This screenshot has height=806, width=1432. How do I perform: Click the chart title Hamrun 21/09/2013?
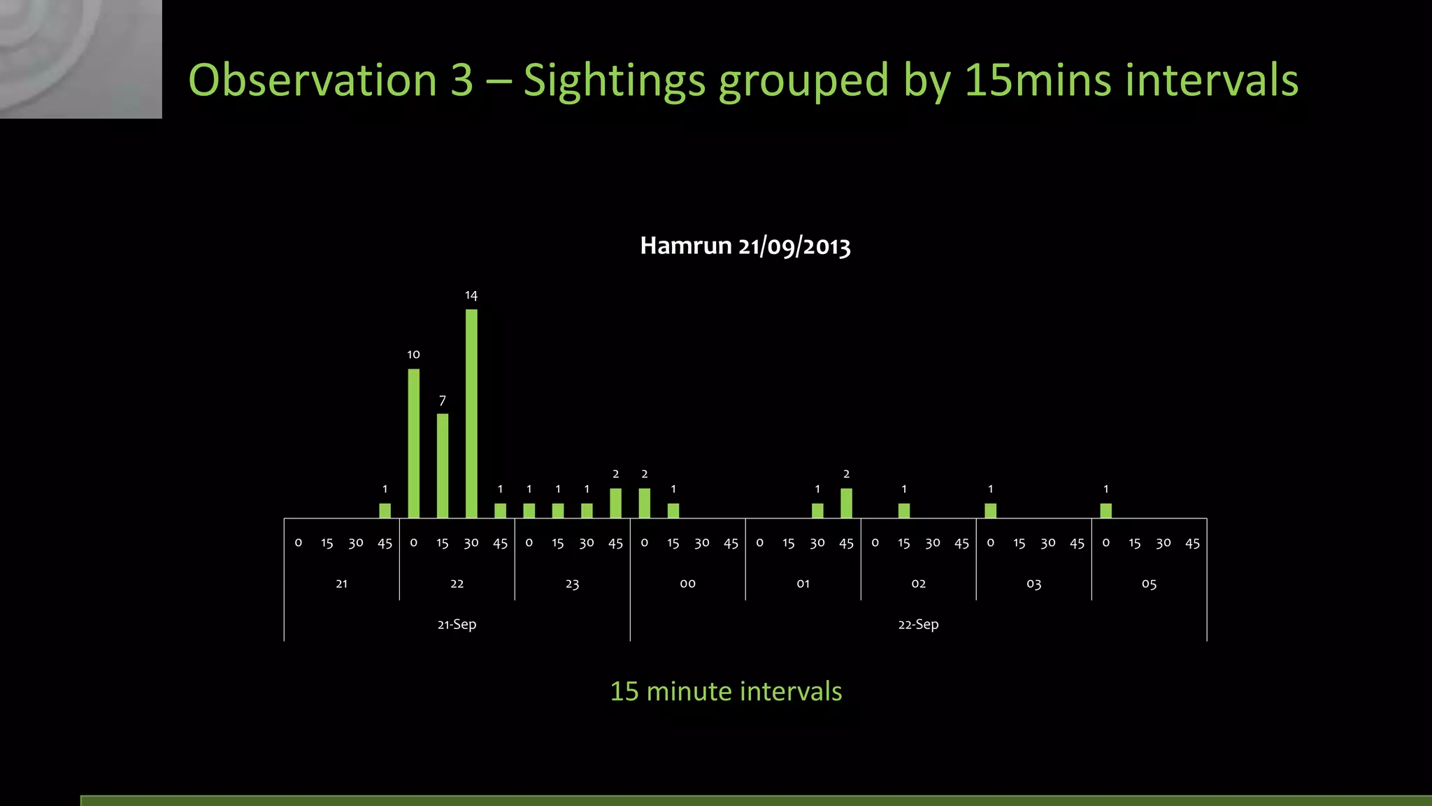[745, 246]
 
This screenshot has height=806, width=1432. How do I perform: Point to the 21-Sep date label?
[457, 624]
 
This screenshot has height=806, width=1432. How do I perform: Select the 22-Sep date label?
[918, 624]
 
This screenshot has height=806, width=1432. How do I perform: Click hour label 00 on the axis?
[687, 584]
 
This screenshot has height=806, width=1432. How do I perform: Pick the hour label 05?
[1149, 584]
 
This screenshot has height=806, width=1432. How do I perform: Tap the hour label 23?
[572, 584]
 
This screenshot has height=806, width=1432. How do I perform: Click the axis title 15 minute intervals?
[726, 691]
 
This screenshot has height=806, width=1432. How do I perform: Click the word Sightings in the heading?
[614, 80]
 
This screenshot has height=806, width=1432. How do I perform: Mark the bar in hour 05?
[1105, 511]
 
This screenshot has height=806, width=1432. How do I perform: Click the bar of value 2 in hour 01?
[846, 503]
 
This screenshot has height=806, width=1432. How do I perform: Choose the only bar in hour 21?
[385, 511]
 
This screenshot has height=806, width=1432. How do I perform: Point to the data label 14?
[471, 295]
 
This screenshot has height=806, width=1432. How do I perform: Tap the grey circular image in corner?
[80, 59]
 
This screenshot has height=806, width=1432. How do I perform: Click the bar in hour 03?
[990, 511]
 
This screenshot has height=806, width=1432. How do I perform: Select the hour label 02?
[918, 584]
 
